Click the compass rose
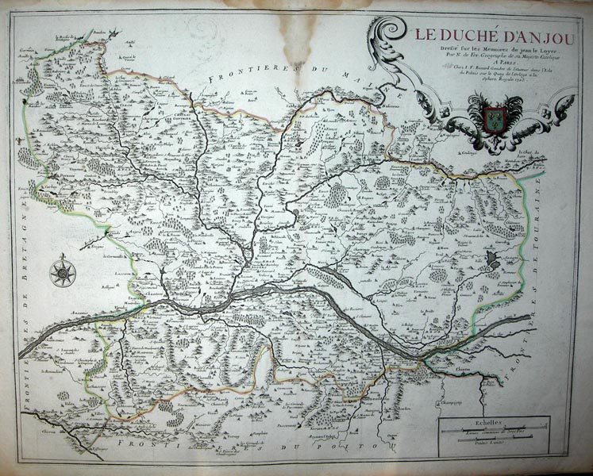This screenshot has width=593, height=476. coord(63,274)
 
